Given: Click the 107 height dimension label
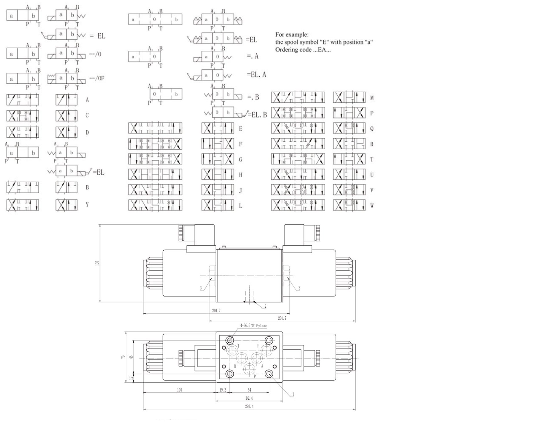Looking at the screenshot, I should pyautogui.click(x=98, y=263).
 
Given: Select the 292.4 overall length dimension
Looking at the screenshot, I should pyautogui.click(x=249, y=406).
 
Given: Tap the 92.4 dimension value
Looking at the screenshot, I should pyautogui.click(x=249, y=398).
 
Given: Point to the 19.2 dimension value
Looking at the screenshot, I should pyautogui.click(x=223, y=390).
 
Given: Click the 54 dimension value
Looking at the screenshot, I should pyautogui.click(x=249, y=390).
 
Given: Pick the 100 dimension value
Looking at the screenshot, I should pyautogui.click(x=180, y=390).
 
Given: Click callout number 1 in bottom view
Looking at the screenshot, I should pyautogui.click(x=293, y=394).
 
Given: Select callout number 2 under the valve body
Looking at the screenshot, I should pyautogui.click(x=265, y=306).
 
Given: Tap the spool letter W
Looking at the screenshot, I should pyautogui.click(x=372, y=206).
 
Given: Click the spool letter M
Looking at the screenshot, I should pyautogui.click(x=372, y=98).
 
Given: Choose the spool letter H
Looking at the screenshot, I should pyautogui.click(x=240, y=175).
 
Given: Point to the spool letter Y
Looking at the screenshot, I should pyautogui.click(x=87, y=204).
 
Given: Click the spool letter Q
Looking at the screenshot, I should pyautogui.click(x=372, y=129).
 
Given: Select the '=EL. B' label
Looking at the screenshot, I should pyautogui.click(x=259, y=115).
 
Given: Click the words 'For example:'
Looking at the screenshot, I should pyautogui.click(x=292, y=35).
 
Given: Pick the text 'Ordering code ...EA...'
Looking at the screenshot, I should pyautogui.click(x=303, y=49).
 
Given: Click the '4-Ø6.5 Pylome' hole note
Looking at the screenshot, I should pyautogui.click(x=254, y=326).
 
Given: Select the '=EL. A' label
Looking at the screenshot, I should pyautogui.click(x=256, y=75).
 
